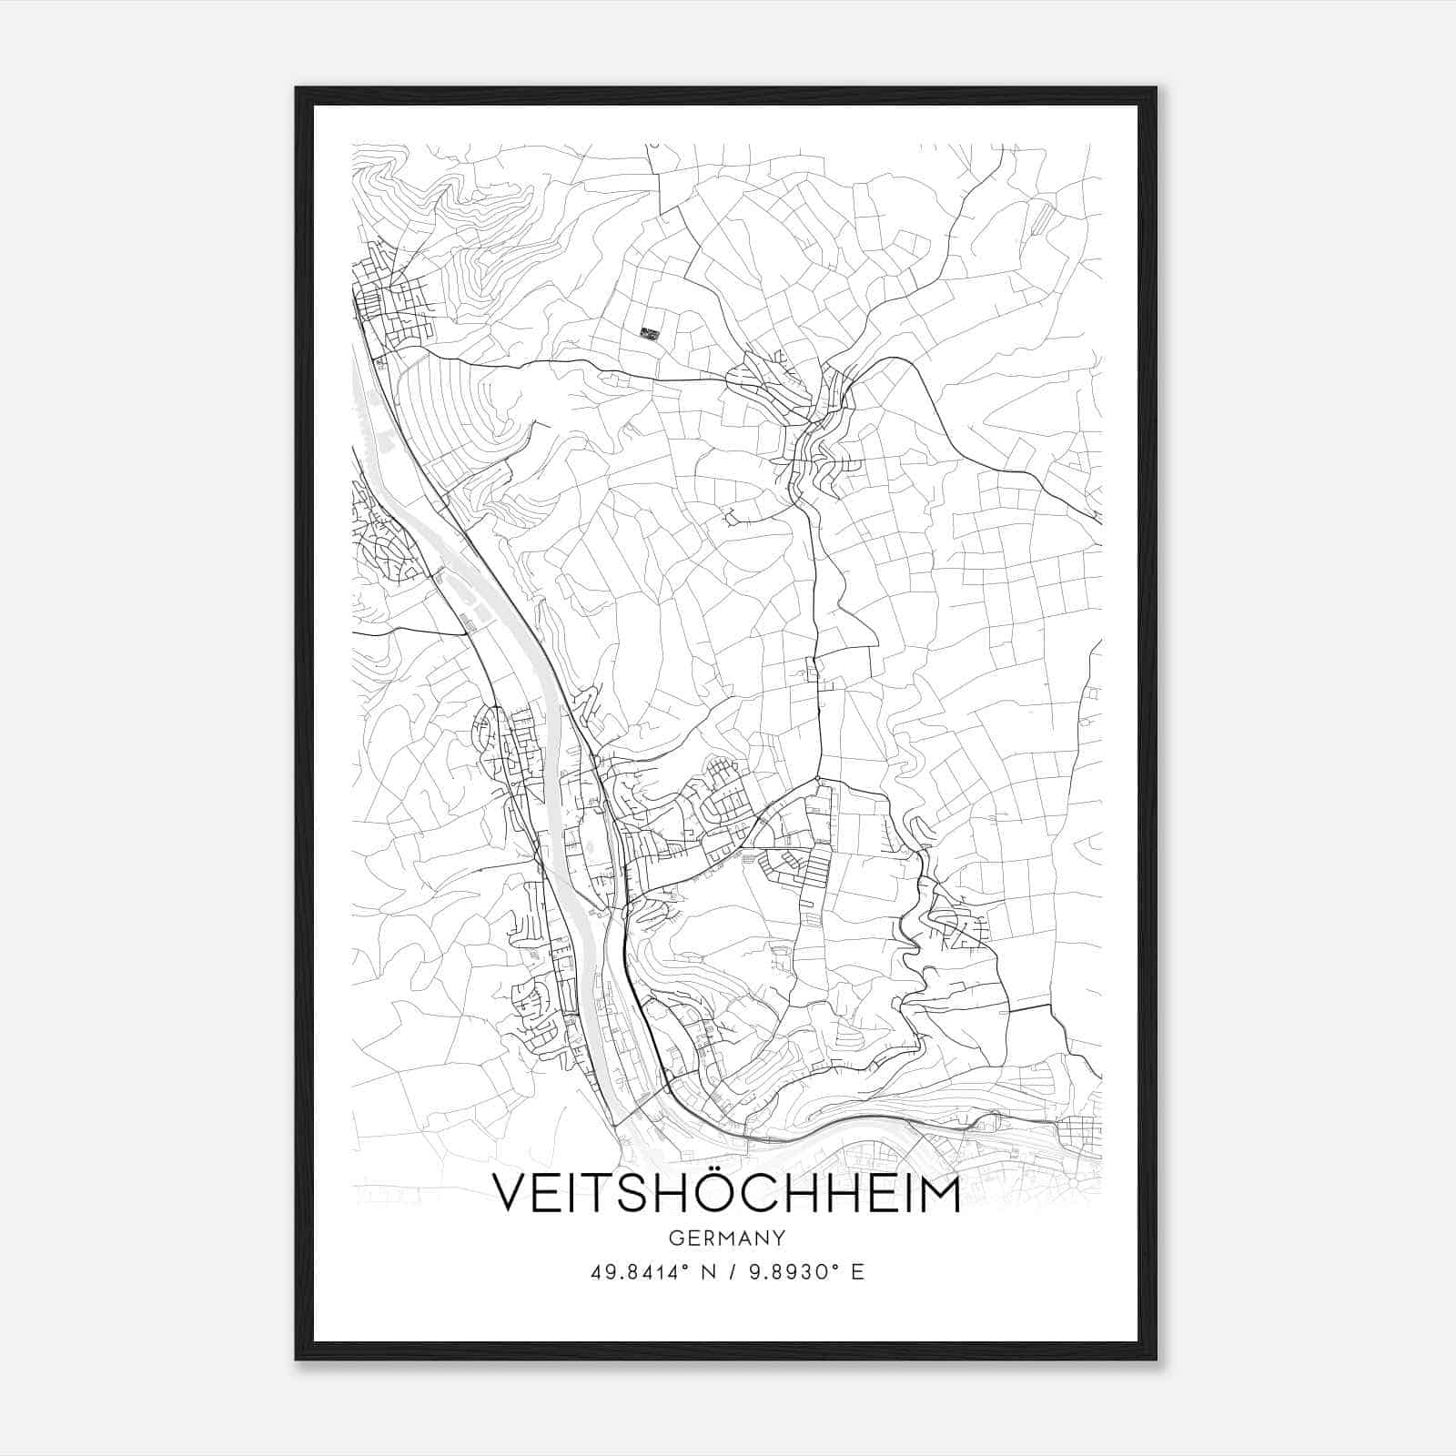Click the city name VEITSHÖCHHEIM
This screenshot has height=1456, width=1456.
pos(726,1193)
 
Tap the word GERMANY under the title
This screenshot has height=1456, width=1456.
pos(727,1238)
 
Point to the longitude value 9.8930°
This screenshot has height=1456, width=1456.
pos(791,1271)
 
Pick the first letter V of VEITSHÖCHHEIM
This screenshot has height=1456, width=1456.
pos(511,1193)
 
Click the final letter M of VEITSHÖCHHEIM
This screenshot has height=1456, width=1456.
pos(935,1193)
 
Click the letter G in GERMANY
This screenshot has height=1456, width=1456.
pos(675,1238)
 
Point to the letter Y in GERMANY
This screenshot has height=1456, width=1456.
pos(780,1238)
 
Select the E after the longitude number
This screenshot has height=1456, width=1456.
pos(857,1271)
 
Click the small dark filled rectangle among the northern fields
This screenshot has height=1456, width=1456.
pos(649,333)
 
